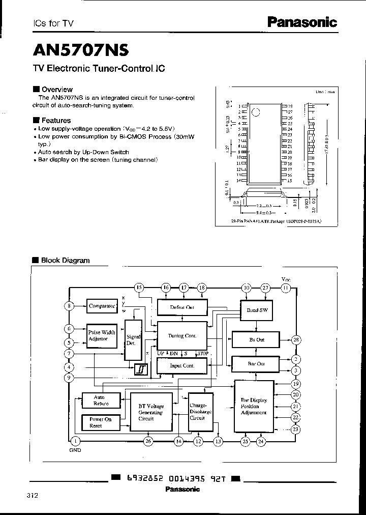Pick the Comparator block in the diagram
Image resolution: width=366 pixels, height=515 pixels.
click(x=102, y=306)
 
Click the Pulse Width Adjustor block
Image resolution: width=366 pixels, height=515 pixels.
click(x=102, y=335)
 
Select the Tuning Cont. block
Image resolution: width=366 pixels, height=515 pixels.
click(x=182, y=336)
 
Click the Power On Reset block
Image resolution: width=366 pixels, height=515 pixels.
click(x=101, y=422)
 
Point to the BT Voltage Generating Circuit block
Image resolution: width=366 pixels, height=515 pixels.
click(x=151, y=412)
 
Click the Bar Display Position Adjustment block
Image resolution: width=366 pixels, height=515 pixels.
click(x=253, y=407)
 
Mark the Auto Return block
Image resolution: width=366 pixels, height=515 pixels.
click(x=101, y=400)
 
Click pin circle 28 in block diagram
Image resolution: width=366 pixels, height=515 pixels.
click(x=296, y=339)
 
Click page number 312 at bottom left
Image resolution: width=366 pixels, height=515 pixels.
click(x=32, y=495)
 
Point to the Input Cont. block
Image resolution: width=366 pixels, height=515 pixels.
click(x=181, y=365)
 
